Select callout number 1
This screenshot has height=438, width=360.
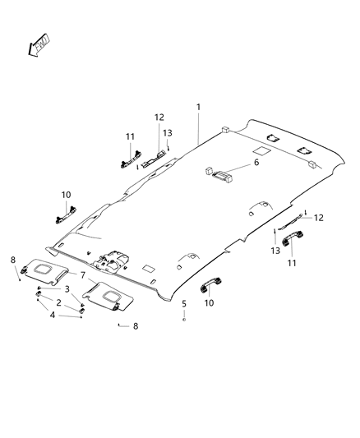[x=198, y=108]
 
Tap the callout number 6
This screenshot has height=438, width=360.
[x=255, y=164]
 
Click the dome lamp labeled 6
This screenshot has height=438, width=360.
[x=219, y=173]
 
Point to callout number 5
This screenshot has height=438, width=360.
[x=184, y=304]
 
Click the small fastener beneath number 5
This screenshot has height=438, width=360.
[x=185, y=318]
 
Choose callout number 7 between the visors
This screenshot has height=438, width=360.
[x=83, y=275]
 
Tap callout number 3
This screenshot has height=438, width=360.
[x=67, y=289]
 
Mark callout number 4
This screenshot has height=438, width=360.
[x=53, y=314]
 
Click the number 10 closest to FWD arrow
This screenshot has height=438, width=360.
[x=67, y=195]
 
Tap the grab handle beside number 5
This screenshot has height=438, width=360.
[x=209, y=285]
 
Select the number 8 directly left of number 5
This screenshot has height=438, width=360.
[x=136, y=326]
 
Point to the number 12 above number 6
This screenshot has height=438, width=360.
[x=159, y=118]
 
